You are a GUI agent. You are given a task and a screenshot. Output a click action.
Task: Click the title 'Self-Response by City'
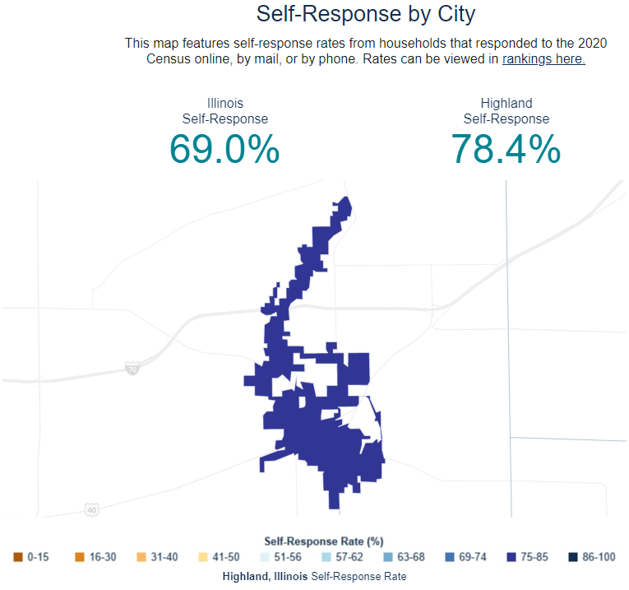pyautogui.click(x=366, y=14)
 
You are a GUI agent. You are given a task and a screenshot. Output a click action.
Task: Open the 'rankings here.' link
pyautogui.click(x=543, y=59)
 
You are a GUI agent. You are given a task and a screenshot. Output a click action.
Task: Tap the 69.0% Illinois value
pyautogui.click(x=224, y=150)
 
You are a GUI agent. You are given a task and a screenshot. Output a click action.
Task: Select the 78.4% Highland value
pyautogui.click(x=506, y=150)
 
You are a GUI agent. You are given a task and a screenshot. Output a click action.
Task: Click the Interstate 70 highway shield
pyautogui.click(x=132, y=368)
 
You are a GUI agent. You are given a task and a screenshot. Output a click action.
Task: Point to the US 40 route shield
pyautogui.click(x=91, y=510)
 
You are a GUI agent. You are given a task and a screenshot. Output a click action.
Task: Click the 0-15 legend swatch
pyautogui.click(x=18, y=557)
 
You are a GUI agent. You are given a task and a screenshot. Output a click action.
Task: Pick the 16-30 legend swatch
pyautogui.click(x=80, y=557)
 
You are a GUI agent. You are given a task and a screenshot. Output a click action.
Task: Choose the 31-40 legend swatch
pyautogui.click(x=141, y=557)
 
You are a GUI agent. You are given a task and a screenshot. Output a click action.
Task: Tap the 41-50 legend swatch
pyautogui.click(x=203, y=557)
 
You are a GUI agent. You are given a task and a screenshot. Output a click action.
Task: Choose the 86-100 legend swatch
pyautogui.click(x=572, y=557)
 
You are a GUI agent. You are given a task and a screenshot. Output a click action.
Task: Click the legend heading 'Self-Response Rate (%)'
pyautogui.click(x=324, y=541)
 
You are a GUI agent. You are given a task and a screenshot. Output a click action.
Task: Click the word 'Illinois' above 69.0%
pyautogui.click(x=224, y=104)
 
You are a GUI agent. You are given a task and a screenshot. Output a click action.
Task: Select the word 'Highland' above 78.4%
pyautogui.click(x=506, y=104)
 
